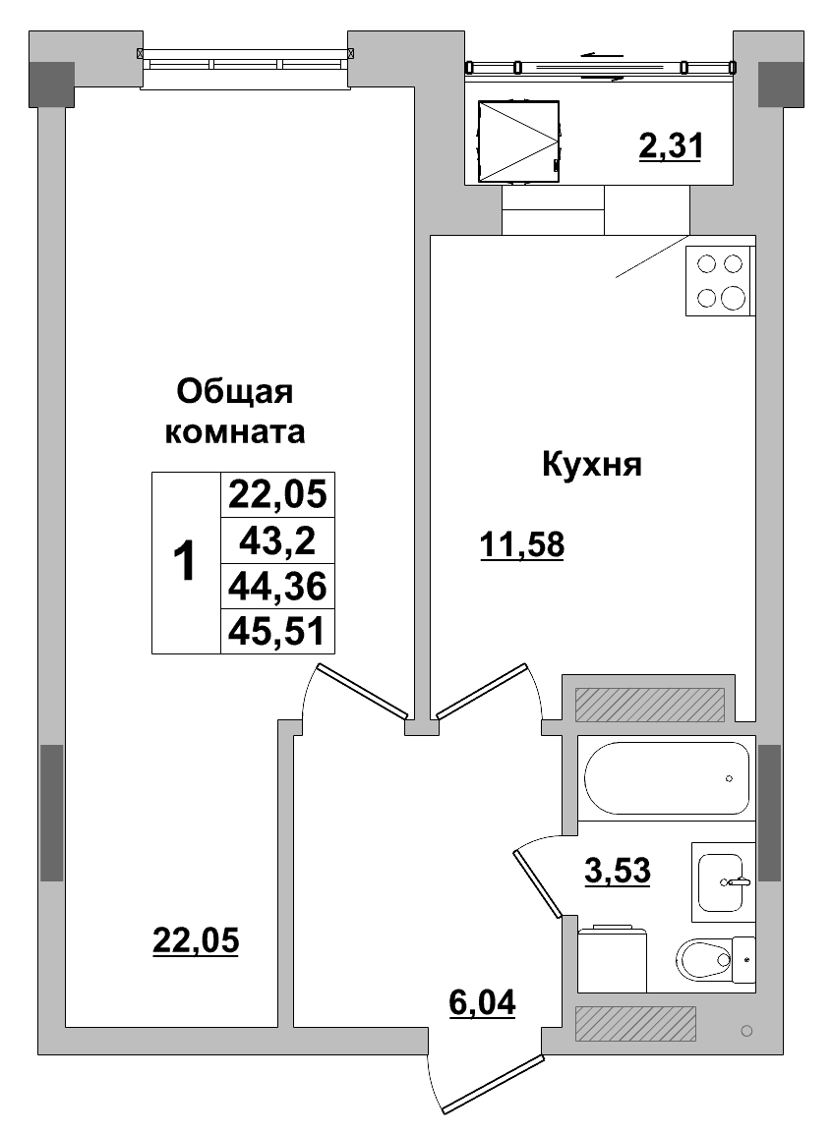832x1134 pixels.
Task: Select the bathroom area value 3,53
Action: [618, 870]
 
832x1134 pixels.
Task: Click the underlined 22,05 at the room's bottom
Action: [196, 940]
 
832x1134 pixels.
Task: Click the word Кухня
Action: [591, 465]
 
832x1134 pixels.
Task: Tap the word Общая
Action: [235, 392]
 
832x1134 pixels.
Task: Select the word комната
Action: [235, 431]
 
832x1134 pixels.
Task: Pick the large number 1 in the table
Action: [185, 562]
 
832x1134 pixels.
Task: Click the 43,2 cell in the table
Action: [276, 540]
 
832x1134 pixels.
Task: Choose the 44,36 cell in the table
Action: [276, 587]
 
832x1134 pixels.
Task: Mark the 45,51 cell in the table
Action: [276, 631]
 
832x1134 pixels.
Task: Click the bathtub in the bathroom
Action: [667, 777]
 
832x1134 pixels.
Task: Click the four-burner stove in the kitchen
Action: [720, 281]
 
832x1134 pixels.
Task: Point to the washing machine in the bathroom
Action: [612, 959]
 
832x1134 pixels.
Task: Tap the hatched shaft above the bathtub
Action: [649, 704]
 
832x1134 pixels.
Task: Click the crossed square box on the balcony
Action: [517, 142]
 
